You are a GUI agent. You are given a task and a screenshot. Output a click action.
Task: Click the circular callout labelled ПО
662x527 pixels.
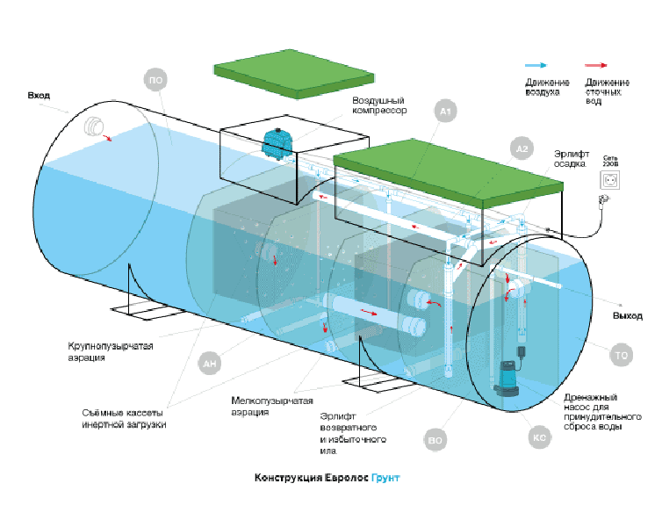[155, 82]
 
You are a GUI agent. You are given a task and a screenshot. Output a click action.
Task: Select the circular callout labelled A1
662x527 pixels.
[446, 112]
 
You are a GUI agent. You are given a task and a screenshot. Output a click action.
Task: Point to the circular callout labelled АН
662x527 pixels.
[210, 362]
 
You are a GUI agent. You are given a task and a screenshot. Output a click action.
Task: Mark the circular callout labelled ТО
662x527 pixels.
[621, 356]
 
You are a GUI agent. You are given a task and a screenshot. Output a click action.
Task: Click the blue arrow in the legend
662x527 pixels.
[536, 66]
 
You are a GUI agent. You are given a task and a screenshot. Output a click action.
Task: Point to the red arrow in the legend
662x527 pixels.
[598, 66]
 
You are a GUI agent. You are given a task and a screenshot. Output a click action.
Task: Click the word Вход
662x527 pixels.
[40, 94]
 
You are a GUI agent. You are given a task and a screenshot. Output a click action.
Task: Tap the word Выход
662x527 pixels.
[627, 315]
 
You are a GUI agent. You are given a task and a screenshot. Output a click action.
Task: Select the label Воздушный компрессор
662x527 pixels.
[373, 105]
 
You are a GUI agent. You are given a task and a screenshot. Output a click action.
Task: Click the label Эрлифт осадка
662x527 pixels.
[570, 157]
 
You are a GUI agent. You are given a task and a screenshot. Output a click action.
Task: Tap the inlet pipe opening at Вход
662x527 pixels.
[91, 128]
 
